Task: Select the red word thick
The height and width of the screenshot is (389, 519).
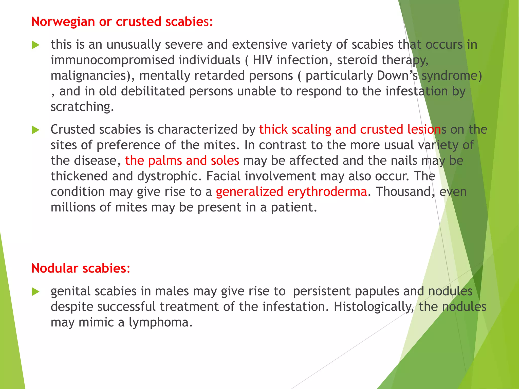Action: [273, 129]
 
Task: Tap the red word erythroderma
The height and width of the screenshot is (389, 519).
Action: [327, 192]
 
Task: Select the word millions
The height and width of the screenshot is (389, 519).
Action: [73, 207]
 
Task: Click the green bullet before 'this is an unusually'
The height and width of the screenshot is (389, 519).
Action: [36, 46]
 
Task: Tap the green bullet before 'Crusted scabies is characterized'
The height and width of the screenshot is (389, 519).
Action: [36, 130]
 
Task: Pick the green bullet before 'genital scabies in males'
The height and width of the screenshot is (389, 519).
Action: [36, 292]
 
